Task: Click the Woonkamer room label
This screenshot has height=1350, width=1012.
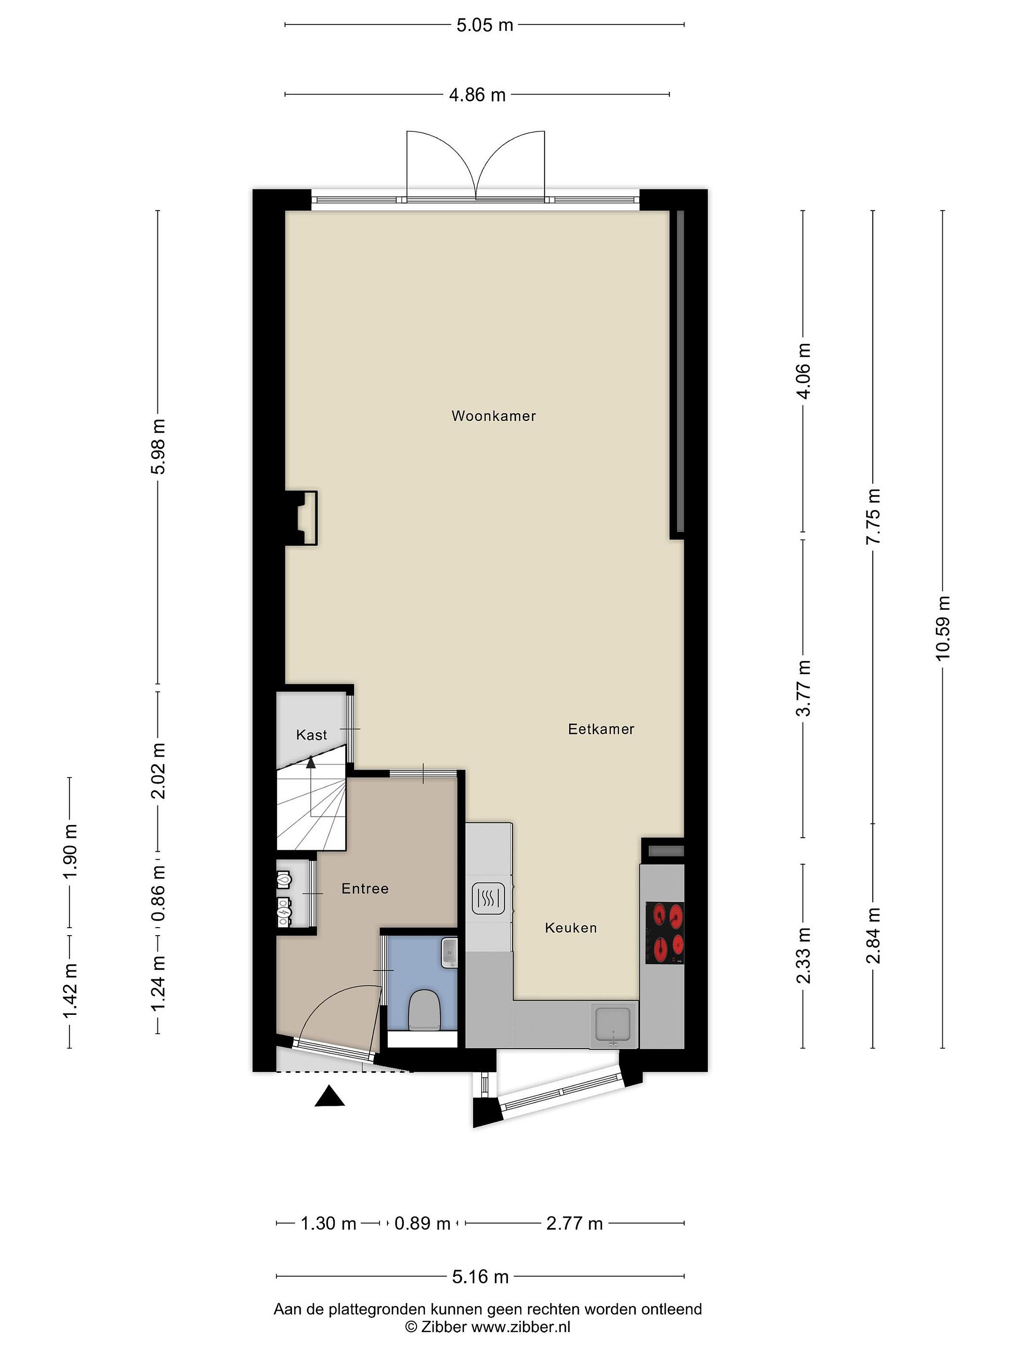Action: [493, 416]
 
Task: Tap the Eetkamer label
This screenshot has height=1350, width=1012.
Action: [601, 729]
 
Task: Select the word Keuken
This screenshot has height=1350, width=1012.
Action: [570, 928]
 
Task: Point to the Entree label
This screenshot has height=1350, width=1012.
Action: [365, 889]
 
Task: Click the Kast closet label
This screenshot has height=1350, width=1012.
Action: [312, 735]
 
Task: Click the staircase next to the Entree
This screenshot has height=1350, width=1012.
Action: [312, 805]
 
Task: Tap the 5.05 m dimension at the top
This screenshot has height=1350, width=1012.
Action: [485, 25]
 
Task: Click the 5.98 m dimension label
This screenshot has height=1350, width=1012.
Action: [158, 447]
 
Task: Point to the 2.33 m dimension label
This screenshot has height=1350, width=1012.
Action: [804, 956]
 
